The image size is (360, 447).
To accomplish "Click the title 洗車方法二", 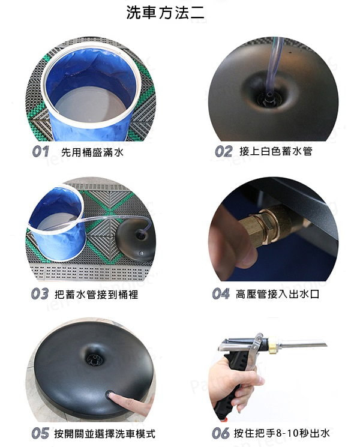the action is pos(166,13).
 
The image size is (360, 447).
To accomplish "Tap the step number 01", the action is pos(40,152).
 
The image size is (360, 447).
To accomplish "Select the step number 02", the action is pos(223,151).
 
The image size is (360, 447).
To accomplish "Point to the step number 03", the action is pos(40,293).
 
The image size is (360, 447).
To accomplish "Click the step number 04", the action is pos(221,293).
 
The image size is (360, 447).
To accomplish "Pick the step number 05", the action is pos(40,433).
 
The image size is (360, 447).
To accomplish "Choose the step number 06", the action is pos(221,433).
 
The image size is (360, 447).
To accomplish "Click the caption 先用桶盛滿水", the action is pos(92,152).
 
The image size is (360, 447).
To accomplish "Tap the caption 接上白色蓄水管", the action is pos(276,151).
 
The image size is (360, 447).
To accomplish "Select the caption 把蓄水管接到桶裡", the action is pos(97,294).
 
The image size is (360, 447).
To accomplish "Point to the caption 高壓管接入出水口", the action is pos(277,294).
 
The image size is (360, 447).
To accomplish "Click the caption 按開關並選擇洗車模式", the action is pos(104,434).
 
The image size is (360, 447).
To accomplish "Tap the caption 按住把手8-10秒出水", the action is pos(281,433).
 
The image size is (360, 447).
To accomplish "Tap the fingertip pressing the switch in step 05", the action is pos(112,395).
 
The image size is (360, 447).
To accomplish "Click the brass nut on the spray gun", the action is pos(273,343).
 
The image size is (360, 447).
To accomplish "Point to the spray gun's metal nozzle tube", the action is pos(302,345).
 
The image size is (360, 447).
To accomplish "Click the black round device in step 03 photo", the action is pos(136,240).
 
